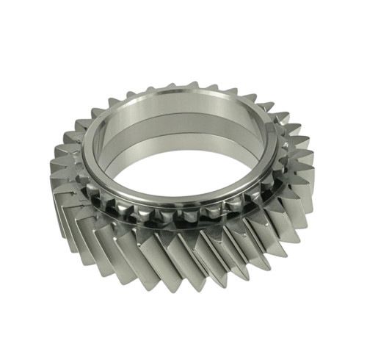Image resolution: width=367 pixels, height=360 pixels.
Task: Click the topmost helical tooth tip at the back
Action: (x=192, y=84)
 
